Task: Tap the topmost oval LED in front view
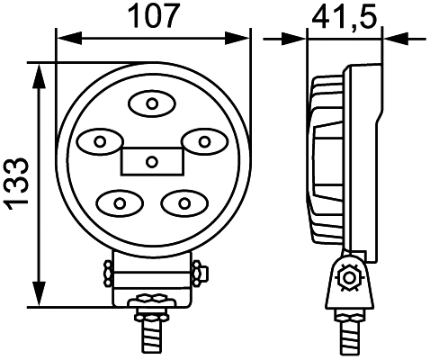point(151,104)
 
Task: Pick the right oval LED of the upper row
point(203,140)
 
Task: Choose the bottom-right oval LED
point(183,201)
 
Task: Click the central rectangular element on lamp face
point(151,161)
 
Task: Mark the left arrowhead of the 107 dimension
point(65,38)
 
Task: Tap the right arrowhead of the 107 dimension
point(239,38)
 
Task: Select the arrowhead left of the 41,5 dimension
point(298,38)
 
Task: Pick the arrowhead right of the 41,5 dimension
point(393,38)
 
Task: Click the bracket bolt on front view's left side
point(107,271)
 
